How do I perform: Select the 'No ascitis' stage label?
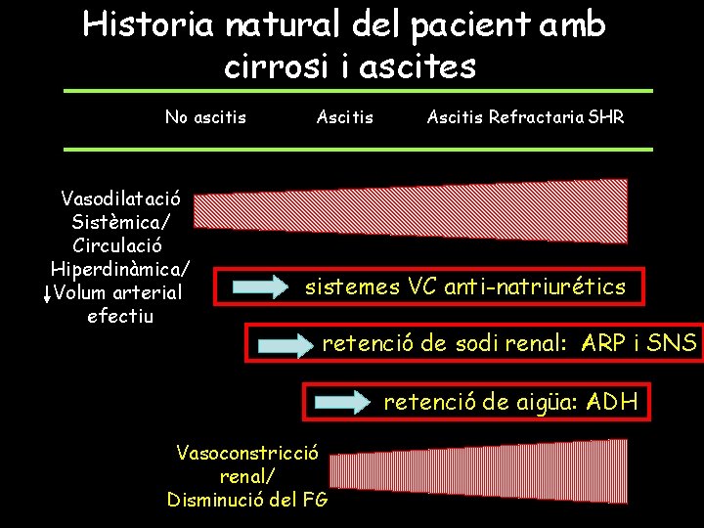click(205, 118)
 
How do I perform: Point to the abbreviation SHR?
click(606, 118)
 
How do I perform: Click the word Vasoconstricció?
click(247, 453)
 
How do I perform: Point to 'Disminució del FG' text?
click(247, 500)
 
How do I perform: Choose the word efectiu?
click(120, 316)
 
